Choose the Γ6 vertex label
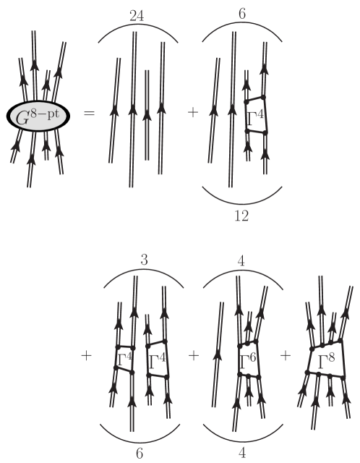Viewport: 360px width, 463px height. pyautogui.click(x=249, y=360)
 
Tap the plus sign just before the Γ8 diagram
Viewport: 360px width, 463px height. pyautogui.click(x=286, y=356)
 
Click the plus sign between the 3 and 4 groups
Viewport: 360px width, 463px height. pyautogui.click(x=194, y=356)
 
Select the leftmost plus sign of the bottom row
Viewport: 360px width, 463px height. pyautogui.click(x=88, y=356)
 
